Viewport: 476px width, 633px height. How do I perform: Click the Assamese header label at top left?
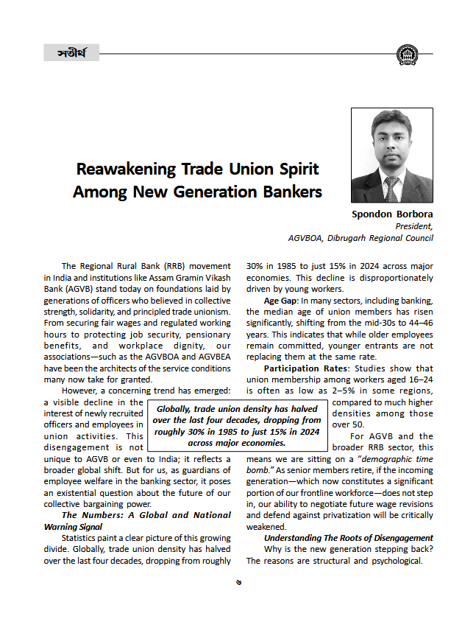71,53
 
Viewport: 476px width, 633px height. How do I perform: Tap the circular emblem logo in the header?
406,54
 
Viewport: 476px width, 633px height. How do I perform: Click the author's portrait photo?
391,155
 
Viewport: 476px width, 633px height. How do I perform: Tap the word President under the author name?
414,226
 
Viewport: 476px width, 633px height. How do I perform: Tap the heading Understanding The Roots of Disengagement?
349,538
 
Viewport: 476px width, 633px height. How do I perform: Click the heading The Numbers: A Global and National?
146,515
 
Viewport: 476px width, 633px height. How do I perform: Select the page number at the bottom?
238,581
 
